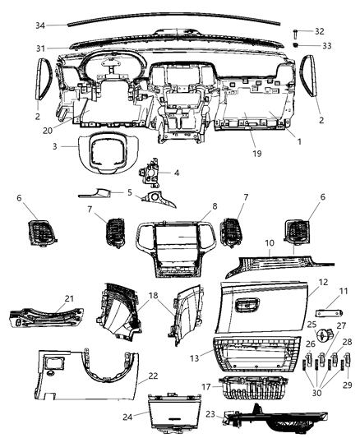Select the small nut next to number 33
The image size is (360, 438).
[x=295, y=45]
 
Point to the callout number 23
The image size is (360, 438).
[x=210, y=415]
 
